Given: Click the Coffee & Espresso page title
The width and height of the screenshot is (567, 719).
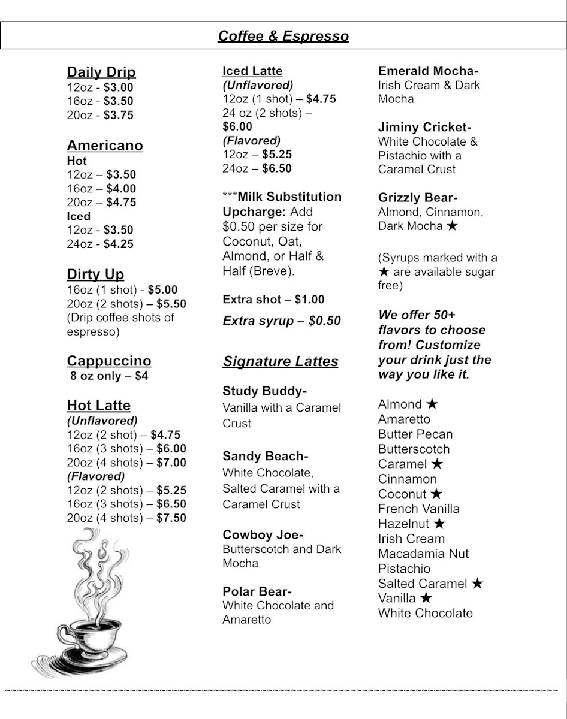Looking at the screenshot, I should tap(283, 36).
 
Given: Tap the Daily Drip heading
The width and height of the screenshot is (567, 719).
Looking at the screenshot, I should tap(101, 72).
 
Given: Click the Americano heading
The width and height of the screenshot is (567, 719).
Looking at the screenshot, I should tap(105, 146).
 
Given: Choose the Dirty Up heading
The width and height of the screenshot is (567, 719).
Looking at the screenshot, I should tap(95, 274).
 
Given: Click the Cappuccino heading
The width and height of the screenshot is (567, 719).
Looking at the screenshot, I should tap(109, 361).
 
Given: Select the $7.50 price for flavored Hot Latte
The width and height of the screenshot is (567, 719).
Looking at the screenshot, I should tap(171, 518).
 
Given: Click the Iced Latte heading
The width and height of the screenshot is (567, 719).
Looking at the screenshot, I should tap(252, 71).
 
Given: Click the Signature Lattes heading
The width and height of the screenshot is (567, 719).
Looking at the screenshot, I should tap(281, 361).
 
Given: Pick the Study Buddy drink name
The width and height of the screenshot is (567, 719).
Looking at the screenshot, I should tap(264, 391).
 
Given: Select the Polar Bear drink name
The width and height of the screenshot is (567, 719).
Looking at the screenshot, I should tap(257, 591).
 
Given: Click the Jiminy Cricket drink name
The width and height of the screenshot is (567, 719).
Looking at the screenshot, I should tap(424, 127).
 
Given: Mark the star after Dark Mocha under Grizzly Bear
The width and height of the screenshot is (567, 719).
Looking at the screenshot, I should tap(453, 226).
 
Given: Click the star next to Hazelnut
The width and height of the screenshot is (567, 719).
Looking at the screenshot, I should tap(439, 524).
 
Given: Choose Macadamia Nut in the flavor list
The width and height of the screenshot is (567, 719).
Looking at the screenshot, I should tap(423, 554).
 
